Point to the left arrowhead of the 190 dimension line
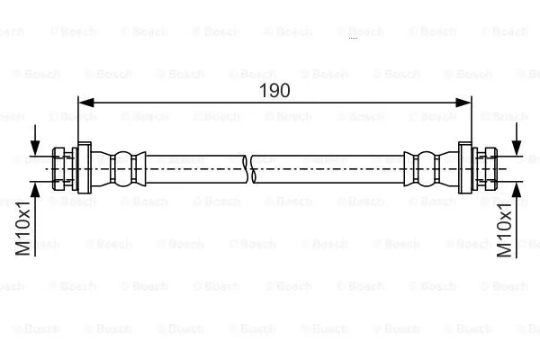pyautogui.click(x=86, y=104)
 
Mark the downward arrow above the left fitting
pyautogui.click(x=35, y=148)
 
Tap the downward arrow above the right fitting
pyautogui.click(x=517, y=148)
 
